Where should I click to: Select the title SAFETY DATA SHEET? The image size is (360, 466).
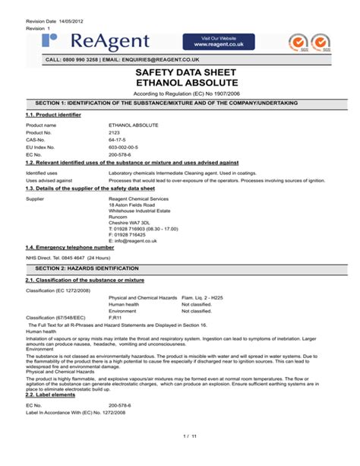pos(180,71)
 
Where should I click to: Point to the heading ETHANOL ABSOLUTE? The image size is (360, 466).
pos(180,82)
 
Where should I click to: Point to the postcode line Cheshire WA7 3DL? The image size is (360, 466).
pos(131,221)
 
